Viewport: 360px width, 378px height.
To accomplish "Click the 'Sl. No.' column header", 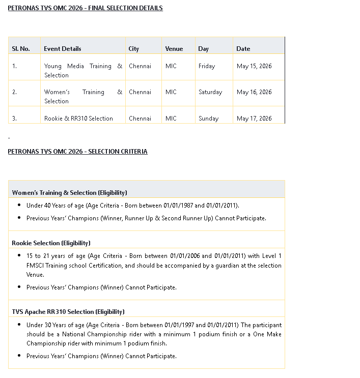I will click(21, 49).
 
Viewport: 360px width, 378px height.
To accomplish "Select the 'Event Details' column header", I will click(62, 49).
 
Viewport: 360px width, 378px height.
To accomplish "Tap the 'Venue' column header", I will click(174, 49).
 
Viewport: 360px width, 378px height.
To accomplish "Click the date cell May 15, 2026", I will click(254, 66).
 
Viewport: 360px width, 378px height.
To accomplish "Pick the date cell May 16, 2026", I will click(254, 92).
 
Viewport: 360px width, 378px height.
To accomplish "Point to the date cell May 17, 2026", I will click(254, 119).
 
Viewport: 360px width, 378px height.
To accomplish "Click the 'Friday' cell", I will click(207, 66).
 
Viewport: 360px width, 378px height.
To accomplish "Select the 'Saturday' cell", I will click(210, 92).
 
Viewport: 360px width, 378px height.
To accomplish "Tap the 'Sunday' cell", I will click(208, 119).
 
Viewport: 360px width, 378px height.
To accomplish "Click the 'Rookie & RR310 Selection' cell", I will click(78, 119).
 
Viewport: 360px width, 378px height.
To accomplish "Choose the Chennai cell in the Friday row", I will click(140, 66).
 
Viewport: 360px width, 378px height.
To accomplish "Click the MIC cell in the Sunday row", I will click(171, 119).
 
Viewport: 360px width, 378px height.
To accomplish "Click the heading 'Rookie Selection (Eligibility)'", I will click(51, 243).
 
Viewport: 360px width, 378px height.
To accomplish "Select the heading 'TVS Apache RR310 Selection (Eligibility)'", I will click(68, 312).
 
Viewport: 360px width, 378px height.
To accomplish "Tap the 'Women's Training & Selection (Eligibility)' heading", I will click(69, 193).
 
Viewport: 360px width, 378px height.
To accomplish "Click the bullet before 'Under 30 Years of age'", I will click(19, 325).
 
